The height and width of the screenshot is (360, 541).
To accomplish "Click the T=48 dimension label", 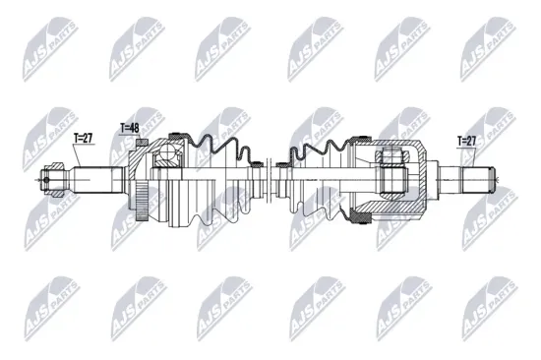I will (129, 127).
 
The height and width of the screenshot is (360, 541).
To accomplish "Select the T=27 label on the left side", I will (85, 140).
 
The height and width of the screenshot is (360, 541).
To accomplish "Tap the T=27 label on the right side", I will (466, 142).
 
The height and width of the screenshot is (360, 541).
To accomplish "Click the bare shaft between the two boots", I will (270, 180).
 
